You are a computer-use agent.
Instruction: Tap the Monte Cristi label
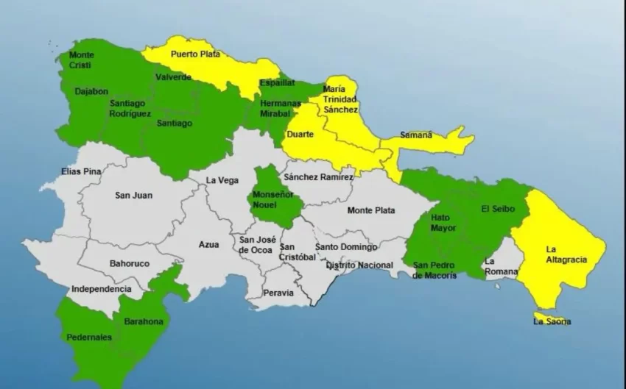click(x=80, y=60)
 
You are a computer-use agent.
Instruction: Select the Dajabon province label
click(x=91, y=92)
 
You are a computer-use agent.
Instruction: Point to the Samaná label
click(x=416, y=135)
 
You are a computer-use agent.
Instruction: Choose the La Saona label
click(x=552, y=321)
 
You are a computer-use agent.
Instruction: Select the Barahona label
click(x=145, y=321)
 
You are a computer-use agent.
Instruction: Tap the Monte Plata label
click(x=371, y=210)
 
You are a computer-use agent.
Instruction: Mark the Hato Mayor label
click(x=443, y=223)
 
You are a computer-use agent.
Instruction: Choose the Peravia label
click(x=278, y=293)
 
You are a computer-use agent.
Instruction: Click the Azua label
click(x=209, y=245)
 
